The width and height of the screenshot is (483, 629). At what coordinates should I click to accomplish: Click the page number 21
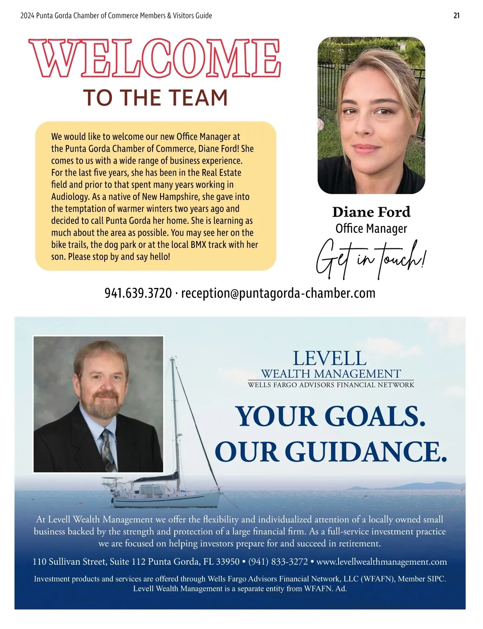pyautogui.click(x=456, y=16)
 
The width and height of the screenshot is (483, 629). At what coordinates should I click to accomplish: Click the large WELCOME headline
pyautogui.click(x=155, y=58)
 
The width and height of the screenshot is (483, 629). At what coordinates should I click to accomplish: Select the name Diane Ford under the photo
pyautogui.click(x=371, y=212)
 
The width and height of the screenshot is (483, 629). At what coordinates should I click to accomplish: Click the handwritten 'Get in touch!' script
pyautogui.click(x=370, y=259)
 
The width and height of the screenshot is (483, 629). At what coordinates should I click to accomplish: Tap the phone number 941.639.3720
pyautogui.click(x=138, y=293)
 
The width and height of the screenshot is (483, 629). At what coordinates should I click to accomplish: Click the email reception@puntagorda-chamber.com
pyautogui.click(x=278, y=293)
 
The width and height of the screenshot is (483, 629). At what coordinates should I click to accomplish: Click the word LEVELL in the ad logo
pyautogui.click(x=330, y=358)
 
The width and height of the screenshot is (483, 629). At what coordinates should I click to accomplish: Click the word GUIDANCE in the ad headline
pyautogui.click(x=366, y=452)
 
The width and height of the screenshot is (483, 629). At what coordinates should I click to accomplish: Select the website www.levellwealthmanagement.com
pyautogui.click(x=382, y=561)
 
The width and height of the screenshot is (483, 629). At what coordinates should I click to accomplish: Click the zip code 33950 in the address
pyautogui.click(x=228, y=561)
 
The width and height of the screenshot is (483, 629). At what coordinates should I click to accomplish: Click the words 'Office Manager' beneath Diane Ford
pyautogui.click(x=371, y=228)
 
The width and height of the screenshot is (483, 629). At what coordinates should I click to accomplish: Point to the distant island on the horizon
pyautogui.click(x=407, y=486)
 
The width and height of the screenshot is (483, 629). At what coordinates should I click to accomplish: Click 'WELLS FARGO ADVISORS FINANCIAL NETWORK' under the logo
pyautogui.click(x=331, y=385)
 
